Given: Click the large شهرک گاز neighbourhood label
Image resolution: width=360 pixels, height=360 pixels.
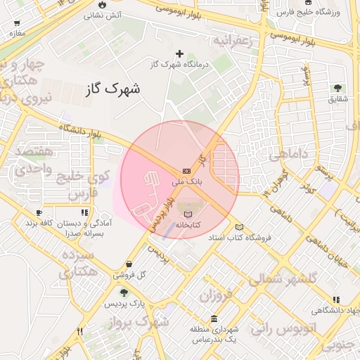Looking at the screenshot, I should pos(112,89).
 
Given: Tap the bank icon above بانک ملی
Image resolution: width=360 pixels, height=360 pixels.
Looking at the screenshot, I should pos(186,171).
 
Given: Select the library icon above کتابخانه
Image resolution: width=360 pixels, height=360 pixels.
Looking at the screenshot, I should pos(187,214).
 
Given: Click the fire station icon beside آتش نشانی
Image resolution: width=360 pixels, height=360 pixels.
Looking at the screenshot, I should pos(103,4).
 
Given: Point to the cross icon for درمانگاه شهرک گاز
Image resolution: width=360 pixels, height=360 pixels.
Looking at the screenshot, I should pos(179,53).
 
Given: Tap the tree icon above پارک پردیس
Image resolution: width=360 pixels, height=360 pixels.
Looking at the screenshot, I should pos(124,292).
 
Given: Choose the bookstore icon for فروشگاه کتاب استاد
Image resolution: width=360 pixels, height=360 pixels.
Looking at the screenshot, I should pos(239,227).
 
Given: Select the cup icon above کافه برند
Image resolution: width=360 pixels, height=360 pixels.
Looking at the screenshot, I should pos(39,212).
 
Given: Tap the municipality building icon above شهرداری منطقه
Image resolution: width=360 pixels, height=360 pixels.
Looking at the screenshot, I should pos(214,318).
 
